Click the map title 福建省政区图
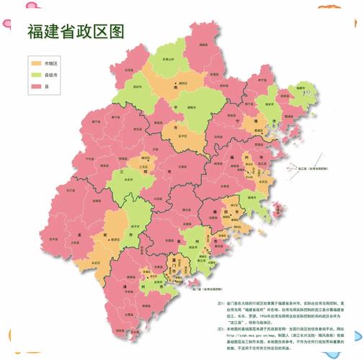[x=76, y=31]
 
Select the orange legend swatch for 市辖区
[x=37, y=63]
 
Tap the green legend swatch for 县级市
[x=37, y=75]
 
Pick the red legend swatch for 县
[x=37, y=86]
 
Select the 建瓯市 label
[x=192, y=106]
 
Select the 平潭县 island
[x=279, y=190]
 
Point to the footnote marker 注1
[x=220, y=304]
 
